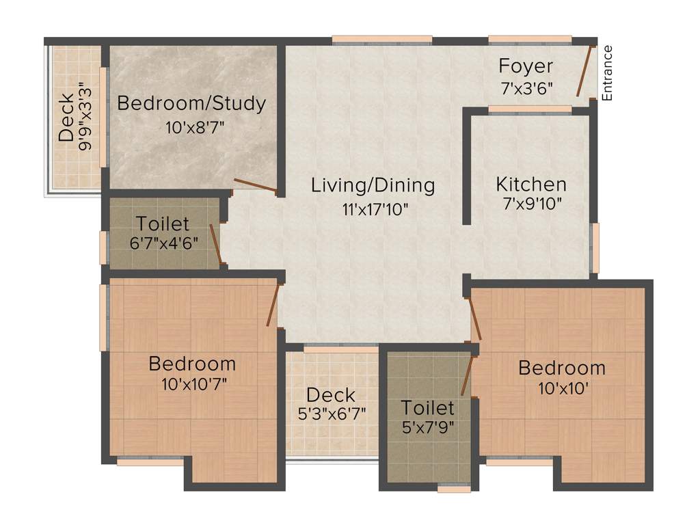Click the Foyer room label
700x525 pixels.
pyautogui.click(x=526, y=66)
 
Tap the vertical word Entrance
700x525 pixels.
pyautogui.click(x=608, y=72)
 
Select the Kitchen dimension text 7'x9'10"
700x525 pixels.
pyautogui.click(x=531, y=204)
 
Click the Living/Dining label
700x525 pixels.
pyautogui.click(x=373, y=185)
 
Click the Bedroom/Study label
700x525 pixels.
pyautogui.click(x=191, y=104)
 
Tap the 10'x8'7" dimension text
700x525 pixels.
pyautogui.click(x=195, y=127)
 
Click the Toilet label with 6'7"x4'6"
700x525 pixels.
pyautogui.click(x=163, y=223)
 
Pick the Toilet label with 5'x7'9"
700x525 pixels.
pyautogui.click(x=427, y=408)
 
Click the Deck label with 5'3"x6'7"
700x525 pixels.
pyautogui.click(x=331, y=394)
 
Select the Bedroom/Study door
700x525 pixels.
pyautogui.click(x=254, y=184)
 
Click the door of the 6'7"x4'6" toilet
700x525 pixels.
pyautogui.click(x=215, y=243)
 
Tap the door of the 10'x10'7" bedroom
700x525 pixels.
pyautogui.click(x=273, y=305)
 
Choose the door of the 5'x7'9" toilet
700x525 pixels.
pyautogui.click(x=467, y=375)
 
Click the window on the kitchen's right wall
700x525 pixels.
pyautogui.click(x=594, y=247)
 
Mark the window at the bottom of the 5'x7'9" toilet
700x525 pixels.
pyautogui.click(x=454, y=489)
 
